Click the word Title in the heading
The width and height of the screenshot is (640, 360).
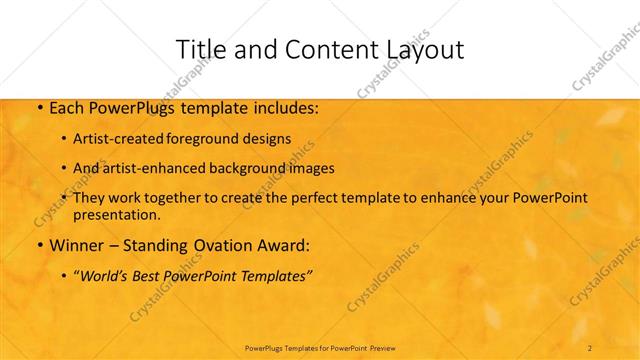click(199, 49)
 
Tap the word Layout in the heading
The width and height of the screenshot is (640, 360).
click(416, 49)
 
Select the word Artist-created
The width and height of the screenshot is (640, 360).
click(119, 138)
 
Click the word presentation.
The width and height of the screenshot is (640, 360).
click(116, 214)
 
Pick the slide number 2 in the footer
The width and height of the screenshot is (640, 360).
click(590, 347)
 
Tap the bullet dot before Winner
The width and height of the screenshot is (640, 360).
click(38, 245)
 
